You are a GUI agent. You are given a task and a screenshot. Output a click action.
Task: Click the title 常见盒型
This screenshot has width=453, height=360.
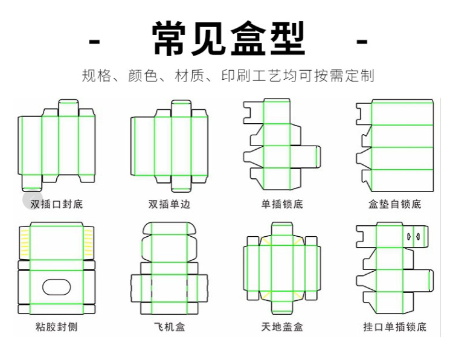pos(228,39)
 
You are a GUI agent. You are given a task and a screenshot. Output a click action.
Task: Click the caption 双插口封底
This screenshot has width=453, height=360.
pos(57,204)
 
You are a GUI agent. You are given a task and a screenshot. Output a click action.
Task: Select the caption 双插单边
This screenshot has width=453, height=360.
pos(169,204)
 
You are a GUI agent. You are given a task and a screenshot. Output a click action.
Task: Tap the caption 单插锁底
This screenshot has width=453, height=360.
pos(282,204)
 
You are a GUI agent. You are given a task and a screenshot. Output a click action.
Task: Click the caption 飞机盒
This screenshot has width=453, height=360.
pos(169,327)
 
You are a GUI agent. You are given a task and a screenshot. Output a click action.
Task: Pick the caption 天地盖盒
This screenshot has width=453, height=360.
pos(282,327)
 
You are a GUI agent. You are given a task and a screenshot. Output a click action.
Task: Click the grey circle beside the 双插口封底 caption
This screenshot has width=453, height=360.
pos(31,199)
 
